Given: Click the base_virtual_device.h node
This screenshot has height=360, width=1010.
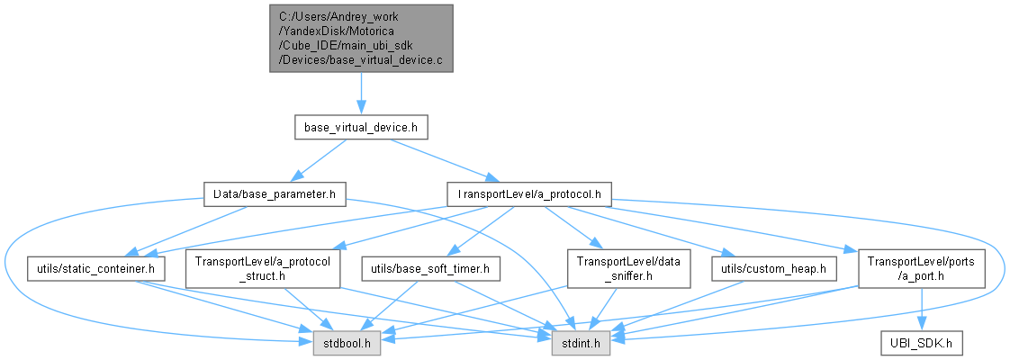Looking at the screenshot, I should pyautogui.click(x=360, y=128).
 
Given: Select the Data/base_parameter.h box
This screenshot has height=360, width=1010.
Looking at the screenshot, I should pyautogui.click(x=275, y=193).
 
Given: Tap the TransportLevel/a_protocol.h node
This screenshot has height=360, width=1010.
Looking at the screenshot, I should pyautogui.click(x=529, y=193).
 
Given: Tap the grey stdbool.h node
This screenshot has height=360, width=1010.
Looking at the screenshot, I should pyautogui.click(x=347, y=343).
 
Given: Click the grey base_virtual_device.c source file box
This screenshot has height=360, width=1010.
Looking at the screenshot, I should pyautogui.click(x=360, y=38).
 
